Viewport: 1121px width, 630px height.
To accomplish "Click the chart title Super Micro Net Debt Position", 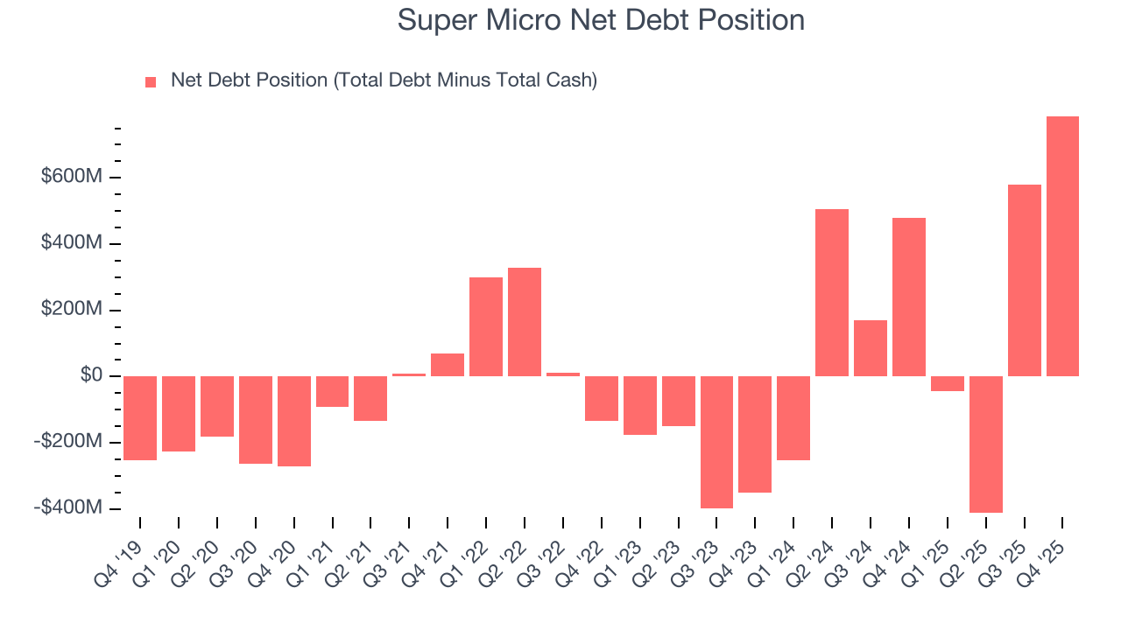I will [x=601, y=20].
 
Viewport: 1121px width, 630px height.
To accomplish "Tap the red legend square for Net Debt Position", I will [x=151, y=81].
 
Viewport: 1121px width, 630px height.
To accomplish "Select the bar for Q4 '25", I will [x=1062, y=246].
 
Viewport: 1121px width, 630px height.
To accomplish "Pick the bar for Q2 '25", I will [x=985, y=444].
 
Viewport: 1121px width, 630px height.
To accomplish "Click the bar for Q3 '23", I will [x=716, y=441].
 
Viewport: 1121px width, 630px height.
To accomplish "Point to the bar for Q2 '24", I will [x=832, y=292].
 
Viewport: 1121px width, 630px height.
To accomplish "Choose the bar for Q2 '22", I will [x=525, y=321].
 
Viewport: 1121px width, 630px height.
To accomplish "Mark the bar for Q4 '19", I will [x=140, y=417].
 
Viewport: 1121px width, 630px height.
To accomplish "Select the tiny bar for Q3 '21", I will [x=409, y=374].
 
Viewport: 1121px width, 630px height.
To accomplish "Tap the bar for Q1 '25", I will [x=947, y=383].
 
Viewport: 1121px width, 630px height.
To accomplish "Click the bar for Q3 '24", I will [x=871, y=347].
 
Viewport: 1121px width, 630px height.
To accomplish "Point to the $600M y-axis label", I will [x=72, y=177].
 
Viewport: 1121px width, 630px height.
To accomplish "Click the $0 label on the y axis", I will [x=91, y=375].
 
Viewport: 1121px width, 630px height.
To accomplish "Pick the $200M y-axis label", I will [x=72, y=310].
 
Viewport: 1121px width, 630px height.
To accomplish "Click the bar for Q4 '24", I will [x=909, y=297].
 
